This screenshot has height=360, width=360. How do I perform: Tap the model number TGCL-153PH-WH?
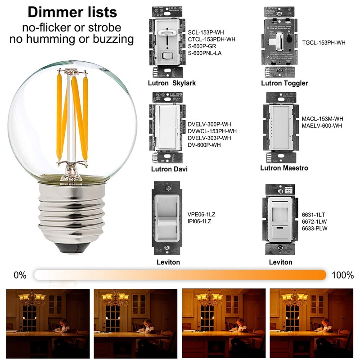[x=324, y=43]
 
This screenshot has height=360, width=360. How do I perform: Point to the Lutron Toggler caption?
[x=284, y=83]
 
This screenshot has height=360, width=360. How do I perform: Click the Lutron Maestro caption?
[x=284, y=168]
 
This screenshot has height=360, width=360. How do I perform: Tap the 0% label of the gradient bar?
[x=20, y=275]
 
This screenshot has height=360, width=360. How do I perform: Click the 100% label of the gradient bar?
[x=342, y=275]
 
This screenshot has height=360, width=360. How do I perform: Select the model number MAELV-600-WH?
[x=322, y=126]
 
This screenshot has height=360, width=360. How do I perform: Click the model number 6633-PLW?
[x=315, y=228]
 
